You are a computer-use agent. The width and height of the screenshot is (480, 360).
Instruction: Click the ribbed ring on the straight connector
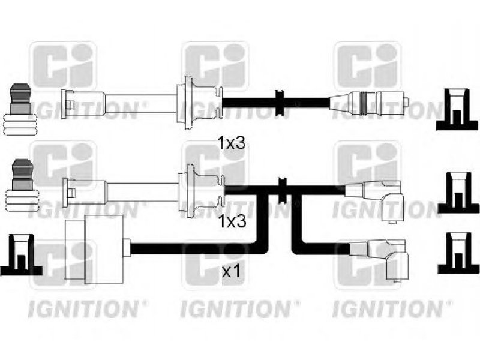(x=364, y=103)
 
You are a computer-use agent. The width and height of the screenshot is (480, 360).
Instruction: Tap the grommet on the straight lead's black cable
(x=280, y=103)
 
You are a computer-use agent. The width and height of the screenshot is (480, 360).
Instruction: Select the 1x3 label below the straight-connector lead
(x=231, y=143)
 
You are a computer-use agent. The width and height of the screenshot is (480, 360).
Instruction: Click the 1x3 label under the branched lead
(x=232, y=221)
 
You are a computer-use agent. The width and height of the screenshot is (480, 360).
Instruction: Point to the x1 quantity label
(x=231, y=271)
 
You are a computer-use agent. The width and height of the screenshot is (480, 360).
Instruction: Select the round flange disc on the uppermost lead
(x=187, y=103)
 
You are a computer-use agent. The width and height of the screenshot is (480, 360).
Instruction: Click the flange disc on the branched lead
(x=190, y=191)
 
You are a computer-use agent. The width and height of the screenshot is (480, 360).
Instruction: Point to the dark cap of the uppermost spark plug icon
(x=20, y=98)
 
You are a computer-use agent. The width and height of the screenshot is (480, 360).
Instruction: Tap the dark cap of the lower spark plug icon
(x=22, y=175)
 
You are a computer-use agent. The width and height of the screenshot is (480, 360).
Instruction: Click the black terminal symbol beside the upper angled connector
(x=458, y=193)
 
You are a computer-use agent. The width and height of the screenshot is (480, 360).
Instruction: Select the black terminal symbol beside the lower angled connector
(x=458, y=253)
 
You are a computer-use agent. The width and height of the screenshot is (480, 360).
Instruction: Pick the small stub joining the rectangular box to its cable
(x=127, y=248)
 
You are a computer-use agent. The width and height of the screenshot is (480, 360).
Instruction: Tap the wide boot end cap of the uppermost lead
(x=64, y=104)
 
